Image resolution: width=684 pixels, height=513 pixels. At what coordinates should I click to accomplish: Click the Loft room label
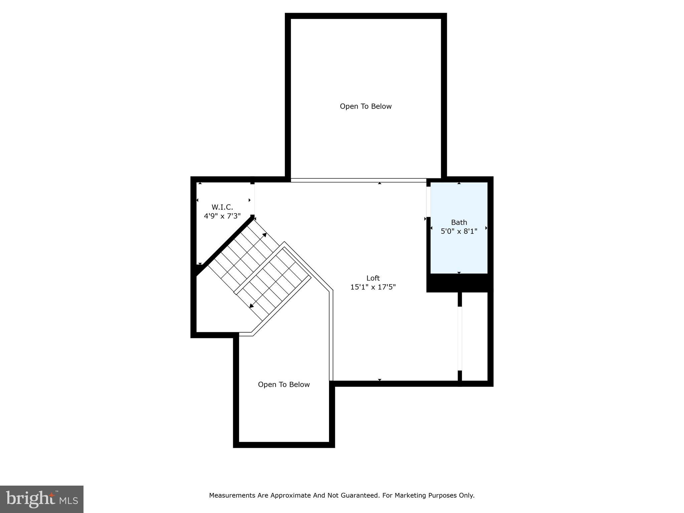click(373, 278)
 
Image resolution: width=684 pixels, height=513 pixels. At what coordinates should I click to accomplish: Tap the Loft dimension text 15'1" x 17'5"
click(373, 287)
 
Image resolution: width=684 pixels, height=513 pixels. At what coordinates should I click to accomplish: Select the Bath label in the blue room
click(459, 222)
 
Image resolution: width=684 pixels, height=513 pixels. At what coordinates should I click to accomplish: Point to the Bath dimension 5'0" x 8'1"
click(459, 231)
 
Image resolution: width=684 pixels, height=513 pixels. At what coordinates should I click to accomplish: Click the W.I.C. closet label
click(222, 207)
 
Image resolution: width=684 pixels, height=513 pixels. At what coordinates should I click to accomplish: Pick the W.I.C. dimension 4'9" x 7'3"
click(222, 216)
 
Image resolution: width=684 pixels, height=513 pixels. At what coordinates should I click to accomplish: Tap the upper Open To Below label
click(365, 106)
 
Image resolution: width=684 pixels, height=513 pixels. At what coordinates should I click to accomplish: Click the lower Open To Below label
click(284, 384)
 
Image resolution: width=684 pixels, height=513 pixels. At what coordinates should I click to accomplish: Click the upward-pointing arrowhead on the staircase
click(265, 235)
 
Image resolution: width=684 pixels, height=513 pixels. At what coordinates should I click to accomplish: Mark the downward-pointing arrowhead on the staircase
click(251, 306)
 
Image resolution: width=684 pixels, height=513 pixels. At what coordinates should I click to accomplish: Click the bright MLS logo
click(42, 499)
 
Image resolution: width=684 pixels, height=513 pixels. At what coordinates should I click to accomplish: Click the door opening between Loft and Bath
click(428, 202)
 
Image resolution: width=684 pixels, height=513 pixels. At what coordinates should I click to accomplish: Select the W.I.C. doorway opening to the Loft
click(253, 199)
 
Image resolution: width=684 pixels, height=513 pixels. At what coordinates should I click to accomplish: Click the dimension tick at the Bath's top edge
click(459, 183)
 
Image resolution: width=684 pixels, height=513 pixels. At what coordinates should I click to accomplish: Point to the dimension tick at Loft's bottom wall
click(379, 380)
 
